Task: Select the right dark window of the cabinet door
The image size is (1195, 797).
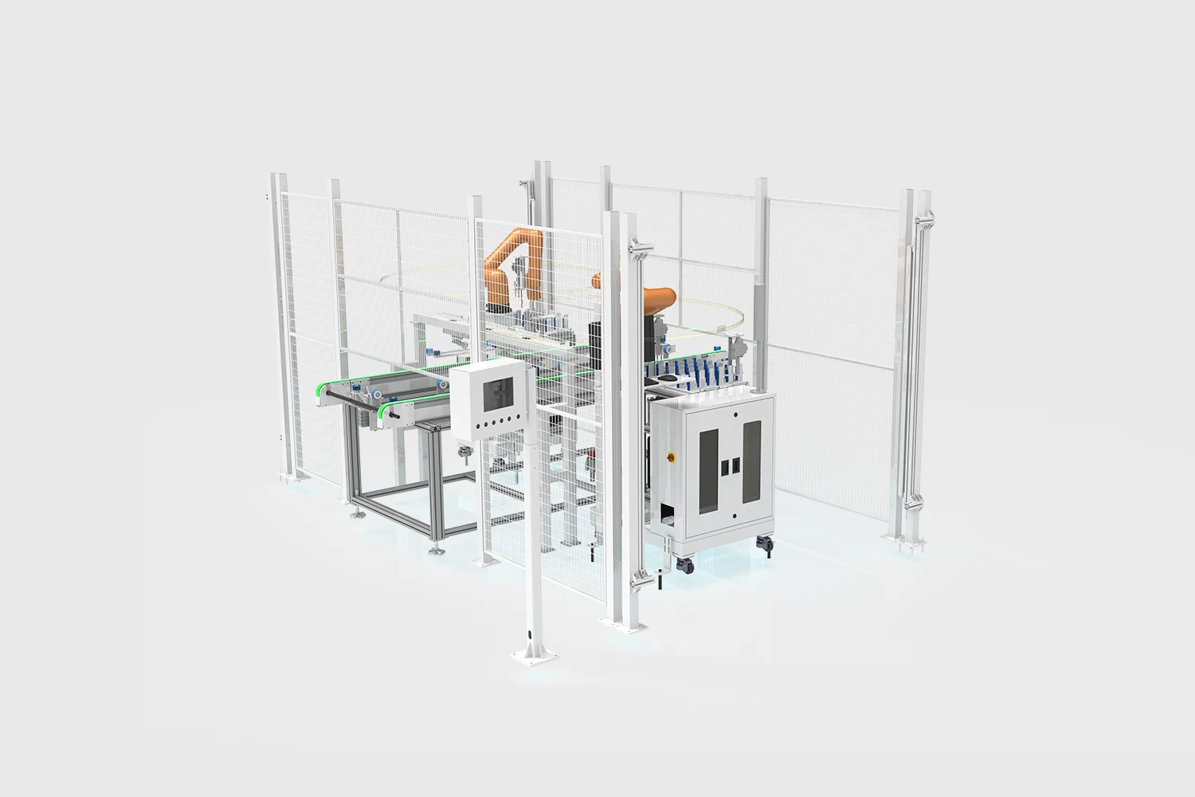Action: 750,462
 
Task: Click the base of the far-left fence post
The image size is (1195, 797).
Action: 287,477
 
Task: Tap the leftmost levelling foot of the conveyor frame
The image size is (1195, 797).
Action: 353,512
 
